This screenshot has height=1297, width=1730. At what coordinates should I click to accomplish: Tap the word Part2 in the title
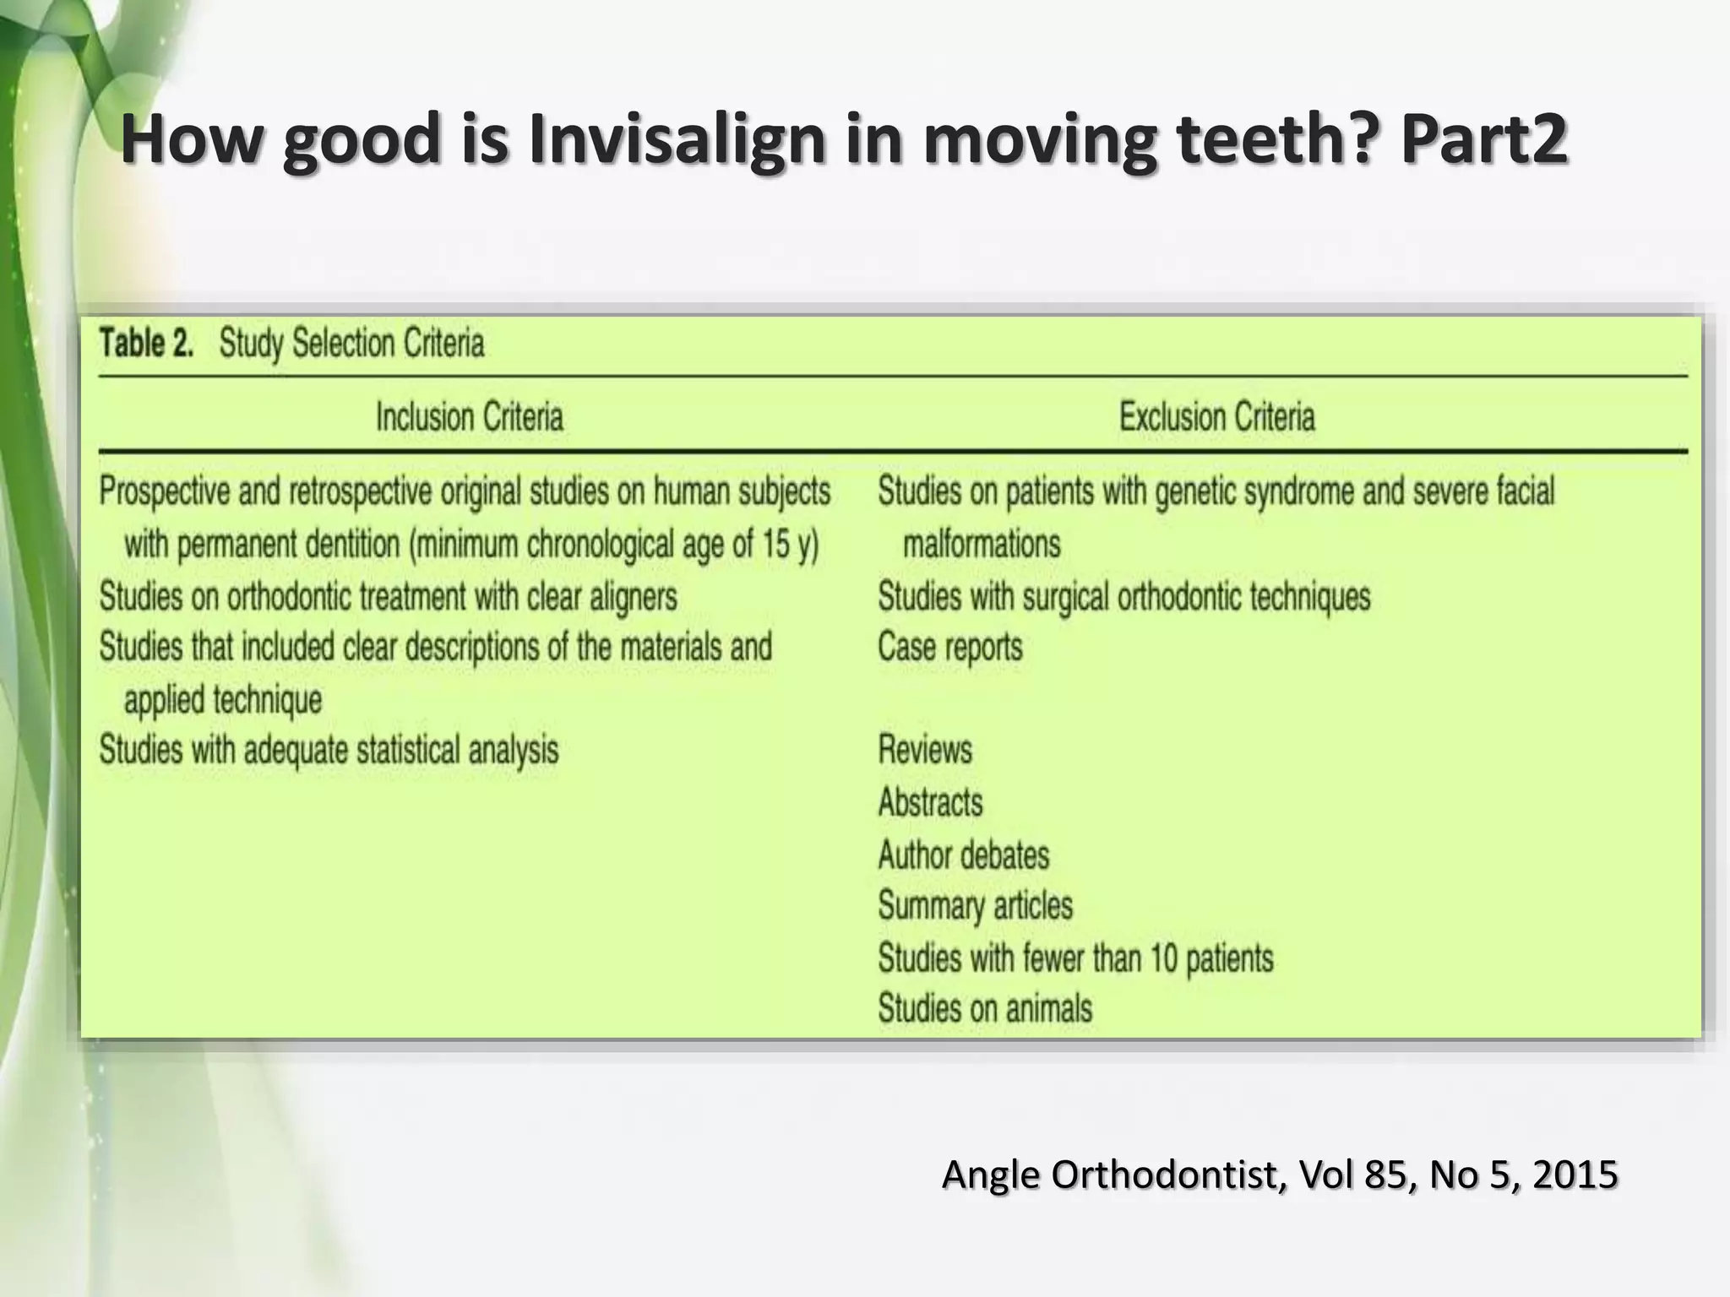tap(1484, 139)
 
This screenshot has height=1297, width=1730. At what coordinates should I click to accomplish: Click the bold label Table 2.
tap(147, 344)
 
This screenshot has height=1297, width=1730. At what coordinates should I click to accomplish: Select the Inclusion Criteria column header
tap(469, 417)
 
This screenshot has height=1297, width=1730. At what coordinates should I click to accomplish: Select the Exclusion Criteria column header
tap(1216, 417)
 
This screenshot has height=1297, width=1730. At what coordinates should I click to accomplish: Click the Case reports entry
tap(949, 648)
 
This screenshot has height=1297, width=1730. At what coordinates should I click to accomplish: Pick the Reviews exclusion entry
tap(925, 750)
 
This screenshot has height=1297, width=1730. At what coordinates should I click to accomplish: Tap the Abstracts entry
tap(930, 802)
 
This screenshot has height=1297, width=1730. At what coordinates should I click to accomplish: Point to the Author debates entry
tap(963, 855)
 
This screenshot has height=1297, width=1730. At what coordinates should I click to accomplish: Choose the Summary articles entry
tap(975, 906)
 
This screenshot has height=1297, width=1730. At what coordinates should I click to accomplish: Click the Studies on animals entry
tap(984, 1008)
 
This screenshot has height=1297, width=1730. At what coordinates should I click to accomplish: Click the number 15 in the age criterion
tap(775, 545)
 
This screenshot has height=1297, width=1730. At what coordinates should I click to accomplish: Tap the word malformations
tap(981, 544)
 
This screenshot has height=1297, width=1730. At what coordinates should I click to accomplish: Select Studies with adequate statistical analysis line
tap(329, 750)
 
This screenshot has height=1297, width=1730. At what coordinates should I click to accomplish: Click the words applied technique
tap(223, 700)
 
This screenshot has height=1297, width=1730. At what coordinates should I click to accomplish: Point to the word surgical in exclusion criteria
tap(1065, 597)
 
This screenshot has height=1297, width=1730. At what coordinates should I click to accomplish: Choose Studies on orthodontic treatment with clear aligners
tap(388, 597)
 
